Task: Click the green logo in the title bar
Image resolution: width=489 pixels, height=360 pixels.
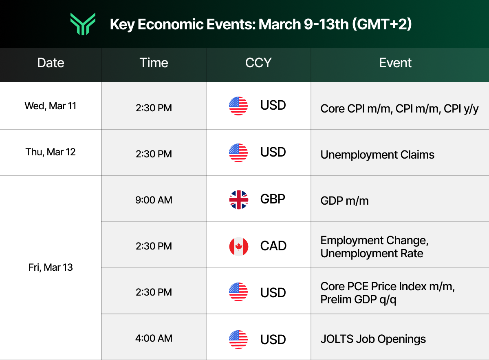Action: tap(83, 24)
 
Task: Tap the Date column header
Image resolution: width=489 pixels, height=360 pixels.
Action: tap(51, 63)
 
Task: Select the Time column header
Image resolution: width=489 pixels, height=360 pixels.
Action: tap(154, 63)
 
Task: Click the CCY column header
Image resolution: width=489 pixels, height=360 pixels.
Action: tap(258, 63)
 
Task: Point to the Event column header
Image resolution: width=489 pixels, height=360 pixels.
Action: tap(395, 63)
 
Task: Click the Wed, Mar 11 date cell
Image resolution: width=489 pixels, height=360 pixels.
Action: tap(51, 106)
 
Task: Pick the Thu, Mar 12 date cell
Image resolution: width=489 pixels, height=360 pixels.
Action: tap(51, 152)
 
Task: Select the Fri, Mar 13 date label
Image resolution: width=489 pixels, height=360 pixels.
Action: tap(51, 267)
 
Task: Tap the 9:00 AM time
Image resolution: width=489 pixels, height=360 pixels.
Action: tap(154, 200)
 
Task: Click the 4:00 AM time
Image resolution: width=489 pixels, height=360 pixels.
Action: tap(154, 338)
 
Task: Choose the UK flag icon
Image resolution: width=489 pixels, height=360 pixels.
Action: tap(238, 200)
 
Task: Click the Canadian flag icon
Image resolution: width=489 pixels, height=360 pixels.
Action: tap(238, 246)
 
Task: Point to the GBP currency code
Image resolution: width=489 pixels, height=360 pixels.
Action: tap(273, 199)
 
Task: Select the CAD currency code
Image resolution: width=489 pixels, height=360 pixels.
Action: tap(273, 246)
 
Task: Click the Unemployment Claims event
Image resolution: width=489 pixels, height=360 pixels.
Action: tap(377, 155)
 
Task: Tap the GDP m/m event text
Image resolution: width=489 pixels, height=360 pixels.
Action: tap(344, 201)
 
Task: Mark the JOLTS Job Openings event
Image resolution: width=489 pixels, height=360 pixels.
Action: tap(373, 339)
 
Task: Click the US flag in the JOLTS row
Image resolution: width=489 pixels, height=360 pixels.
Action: tap(238, 339)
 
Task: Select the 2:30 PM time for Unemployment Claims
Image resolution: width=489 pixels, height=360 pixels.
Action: tap(154, 154)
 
